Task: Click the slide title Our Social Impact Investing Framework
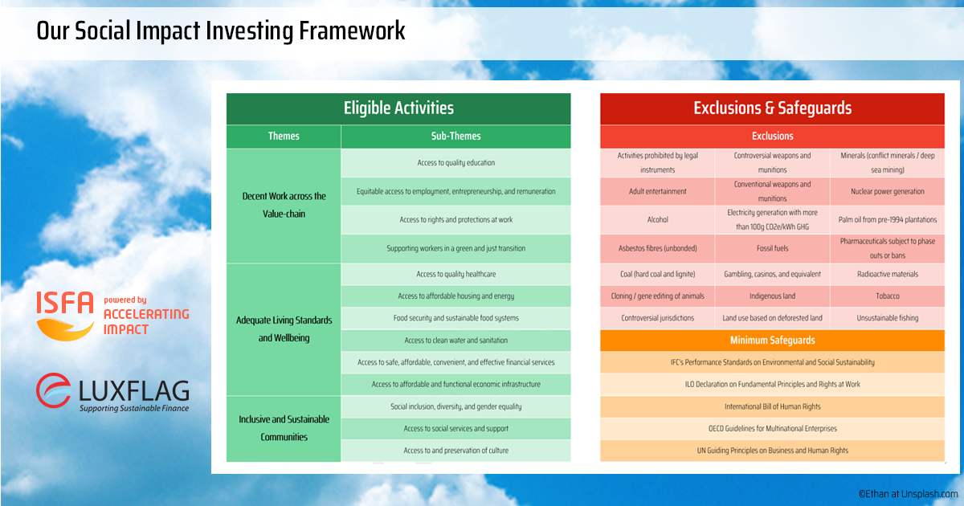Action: tap(221, 31)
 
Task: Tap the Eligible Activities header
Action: tap(398, 108)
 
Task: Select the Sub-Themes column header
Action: tap(455, 137)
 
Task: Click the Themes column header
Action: tap(284, 137)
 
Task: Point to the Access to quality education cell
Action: tap(455, 162)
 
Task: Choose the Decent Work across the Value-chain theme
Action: tap(284, 206)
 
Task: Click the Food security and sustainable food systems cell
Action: tap(455, 318)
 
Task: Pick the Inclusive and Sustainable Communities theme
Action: tap(284, 429)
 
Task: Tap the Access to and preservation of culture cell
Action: tap(455, 451)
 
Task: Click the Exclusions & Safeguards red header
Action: tap(772, 108)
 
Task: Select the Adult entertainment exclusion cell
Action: tap(658, 191)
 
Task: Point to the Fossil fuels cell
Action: tap(772, 248)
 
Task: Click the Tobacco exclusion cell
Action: tap(888, 296)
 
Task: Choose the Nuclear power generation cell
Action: tap(888, 191)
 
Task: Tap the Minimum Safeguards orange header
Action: tap(772, 341)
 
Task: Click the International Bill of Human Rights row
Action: tap(772, 406)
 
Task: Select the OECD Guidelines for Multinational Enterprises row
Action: tap(772, 429)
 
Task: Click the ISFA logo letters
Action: tap(65, 303)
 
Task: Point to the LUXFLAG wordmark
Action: tap(134, 390)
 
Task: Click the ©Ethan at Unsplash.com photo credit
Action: tap(908, 494)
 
